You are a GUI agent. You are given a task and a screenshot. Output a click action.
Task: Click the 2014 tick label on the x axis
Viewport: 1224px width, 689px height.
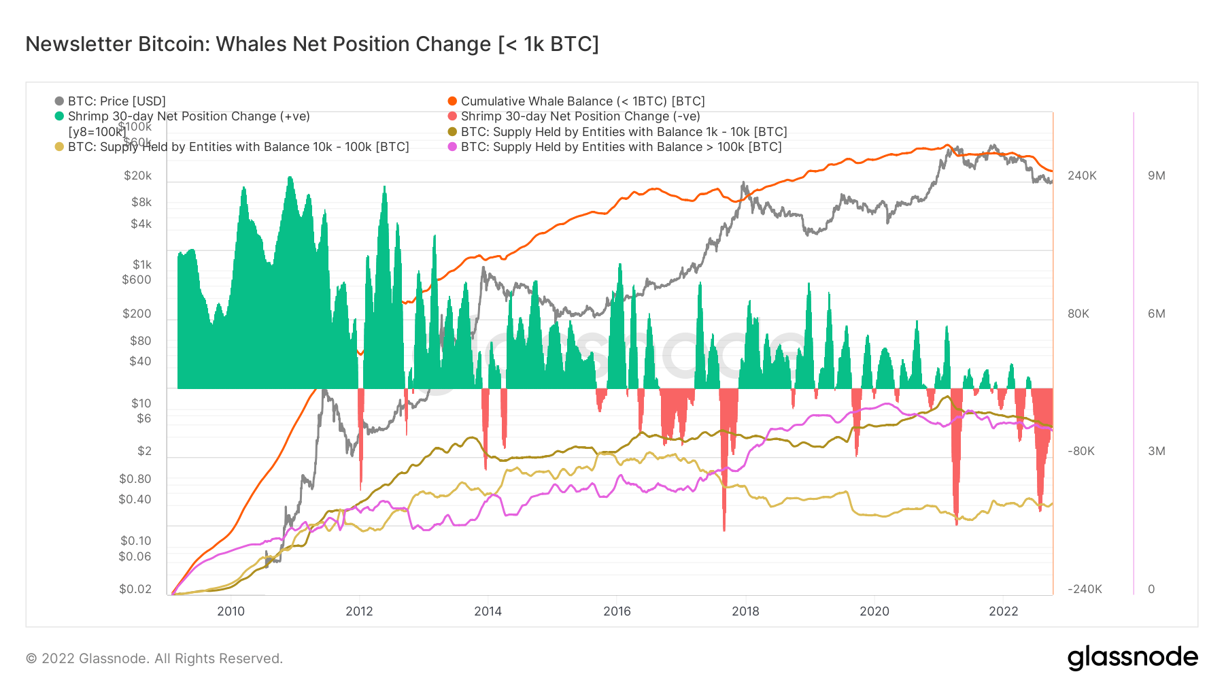[488, 611]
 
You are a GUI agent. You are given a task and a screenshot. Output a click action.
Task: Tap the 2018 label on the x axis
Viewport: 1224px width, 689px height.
[745, 611]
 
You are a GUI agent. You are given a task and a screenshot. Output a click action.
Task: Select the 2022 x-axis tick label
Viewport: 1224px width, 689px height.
[1003, 611]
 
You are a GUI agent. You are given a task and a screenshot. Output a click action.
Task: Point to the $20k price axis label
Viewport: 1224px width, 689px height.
[137, 175]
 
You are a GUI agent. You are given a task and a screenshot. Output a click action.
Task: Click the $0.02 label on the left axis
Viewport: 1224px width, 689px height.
[135, 589]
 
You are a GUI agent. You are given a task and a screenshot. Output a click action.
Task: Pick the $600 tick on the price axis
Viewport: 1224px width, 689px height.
[136, 280]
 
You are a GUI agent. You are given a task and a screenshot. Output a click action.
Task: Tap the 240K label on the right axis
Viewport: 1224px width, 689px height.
[1082, 175]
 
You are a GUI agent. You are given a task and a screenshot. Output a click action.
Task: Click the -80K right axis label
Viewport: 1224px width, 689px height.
[1081, 451]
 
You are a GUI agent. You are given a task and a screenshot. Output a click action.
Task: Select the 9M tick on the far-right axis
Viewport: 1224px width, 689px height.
[1156, 175]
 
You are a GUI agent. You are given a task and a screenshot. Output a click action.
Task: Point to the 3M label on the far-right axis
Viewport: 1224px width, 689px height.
[1156, 451]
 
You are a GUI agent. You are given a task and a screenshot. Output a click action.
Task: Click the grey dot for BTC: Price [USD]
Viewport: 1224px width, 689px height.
[59, 101]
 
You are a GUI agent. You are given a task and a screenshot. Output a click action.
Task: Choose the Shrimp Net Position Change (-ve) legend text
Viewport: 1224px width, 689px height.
[580, 116]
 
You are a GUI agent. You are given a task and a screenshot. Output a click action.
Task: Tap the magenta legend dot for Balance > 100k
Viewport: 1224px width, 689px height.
[452, 147]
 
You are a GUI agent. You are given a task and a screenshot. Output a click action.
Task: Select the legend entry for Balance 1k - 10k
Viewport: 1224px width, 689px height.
[624, 132]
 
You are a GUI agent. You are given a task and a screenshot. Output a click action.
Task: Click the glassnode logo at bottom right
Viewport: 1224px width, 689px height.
[1132, 658]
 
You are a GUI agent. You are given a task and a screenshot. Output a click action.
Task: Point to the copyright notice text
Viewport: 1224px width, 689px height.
[154, 658]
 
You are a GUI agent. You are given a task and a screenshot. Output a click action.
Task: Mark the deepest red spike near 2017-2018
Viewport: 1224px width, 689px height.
[724, 528]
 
